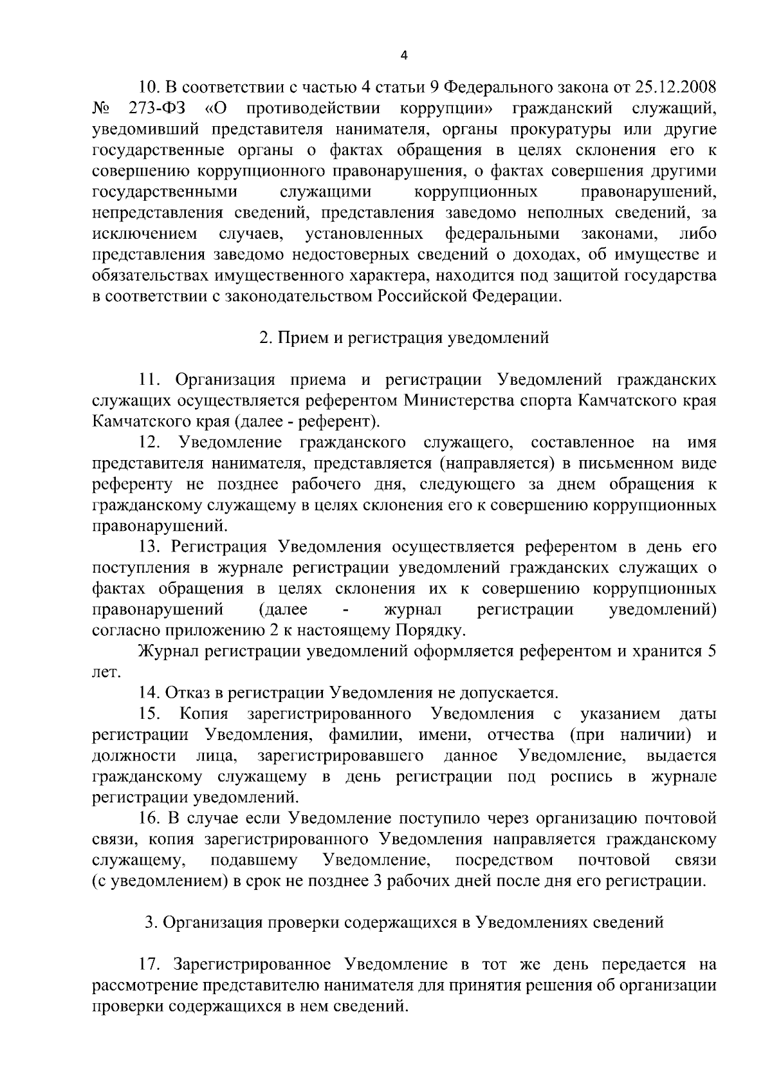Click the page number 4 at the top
point(404,55)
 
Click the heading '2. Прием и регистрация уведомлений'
point(404,338)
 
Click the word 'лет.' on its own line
point(106,672)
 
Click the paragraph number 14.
point(149,693)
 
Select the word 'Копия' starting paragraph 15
point(204,714)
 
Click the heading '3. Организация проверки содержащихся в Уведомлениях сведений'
point(404,923)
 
